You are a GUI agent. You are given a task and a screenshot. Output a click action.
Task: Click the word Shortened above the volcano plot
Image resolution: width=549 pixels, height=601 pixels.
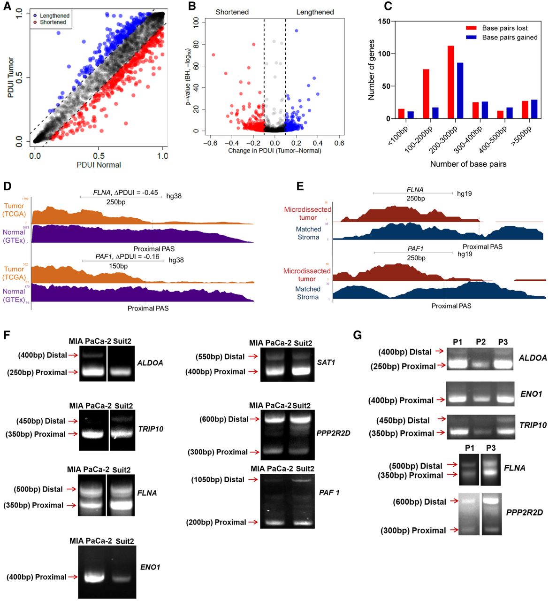click(x=232, y=12)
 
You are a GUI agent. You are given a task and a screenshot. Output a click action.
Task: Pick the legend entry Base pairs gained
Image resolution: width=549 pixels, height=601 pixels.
click(x=510, y=38)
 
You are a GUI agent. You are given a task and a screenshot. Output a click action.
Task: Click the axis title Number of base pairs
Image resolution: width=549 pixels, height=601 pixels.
click(x=468, y=164)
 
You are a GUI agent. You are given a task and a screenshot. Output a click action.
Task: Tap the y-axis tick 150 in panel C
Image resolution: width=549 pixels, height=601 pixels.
click(x=384, y=22)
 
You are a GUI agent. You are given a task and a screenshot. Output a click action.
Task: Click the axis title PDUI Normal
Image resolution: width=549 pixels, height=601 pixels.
click(x=99, y=165)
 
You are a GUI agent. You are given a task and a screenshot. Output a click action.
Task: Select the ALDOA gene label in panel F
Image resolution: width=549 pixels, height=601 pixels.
click(x=150, y=363)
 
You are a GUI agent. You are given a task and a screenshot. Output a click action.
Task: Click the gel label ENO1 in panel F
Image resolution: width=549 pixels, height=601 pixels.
click(x=150, y=567)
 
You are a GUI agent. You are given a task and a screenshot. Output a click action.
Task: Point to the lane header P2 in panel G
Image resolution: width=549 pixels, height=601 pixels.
click(x=480, y=342)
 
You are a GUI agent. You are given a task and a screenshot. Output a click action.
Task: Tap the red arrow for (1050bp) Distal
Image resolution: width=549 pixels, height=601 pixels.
click(x=253, y=479)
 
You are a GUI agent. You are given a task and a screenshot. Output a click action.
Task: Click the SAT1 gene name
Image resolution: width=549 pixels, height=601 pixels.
click(x=326, y=362)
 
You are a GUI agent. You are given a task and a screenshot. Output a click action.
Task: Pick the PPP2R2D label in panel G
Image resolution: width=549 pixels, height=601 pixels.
click(x=524, y=512)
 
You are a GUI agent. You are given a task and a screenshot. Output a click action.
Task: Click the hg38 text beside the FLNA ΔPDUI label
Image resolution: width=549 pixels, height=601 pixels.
click(x=174, y=196)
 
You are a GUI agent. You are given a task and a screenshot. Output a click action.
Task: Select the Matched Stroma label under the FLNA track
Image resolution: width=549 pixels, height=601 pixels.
click(x=308, y=233)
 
